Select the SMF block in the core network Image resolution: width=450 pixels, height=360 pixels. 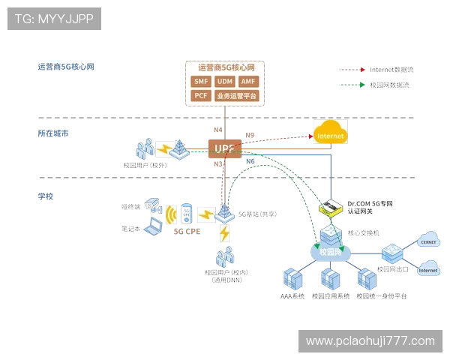pyautogui.click(x=201, y=81)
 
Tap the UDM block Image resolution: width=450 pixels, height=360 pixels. pyautogui.click(x=224, y=81)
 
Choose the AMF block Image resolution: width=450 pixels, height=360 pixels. pyautogui.click(x=249, y=81)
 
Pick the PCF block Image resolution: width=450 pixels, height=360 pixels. pyautogui.click(x=201, y=96)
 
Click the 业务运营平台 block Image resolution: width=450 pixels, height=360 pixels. pyautogui.click(x=236, y=96)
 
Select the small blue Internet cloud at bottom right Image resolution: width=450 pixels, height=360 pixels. pyautogui.click(x=429, y=268)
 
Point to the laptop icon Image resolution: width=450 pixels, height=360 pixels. pyautogui.click(x=153, y=228)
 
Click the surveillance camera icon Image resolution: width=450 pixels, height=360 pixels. pyautogui.click(x=153, y=203)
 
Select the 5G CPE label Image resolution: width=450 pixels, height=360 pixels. pyautogui.click(x=188, y=232)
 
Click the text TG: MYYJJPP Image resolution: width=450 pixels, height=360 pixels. pyautogui.click(x=54, y=19)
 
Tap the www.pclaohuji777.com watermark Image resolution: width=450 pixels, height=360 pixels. pyautogui.click(x=370, y=341)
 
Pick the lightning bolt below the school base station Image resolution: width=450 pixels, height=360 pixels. pyautogui.click(x=223, y=233)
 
